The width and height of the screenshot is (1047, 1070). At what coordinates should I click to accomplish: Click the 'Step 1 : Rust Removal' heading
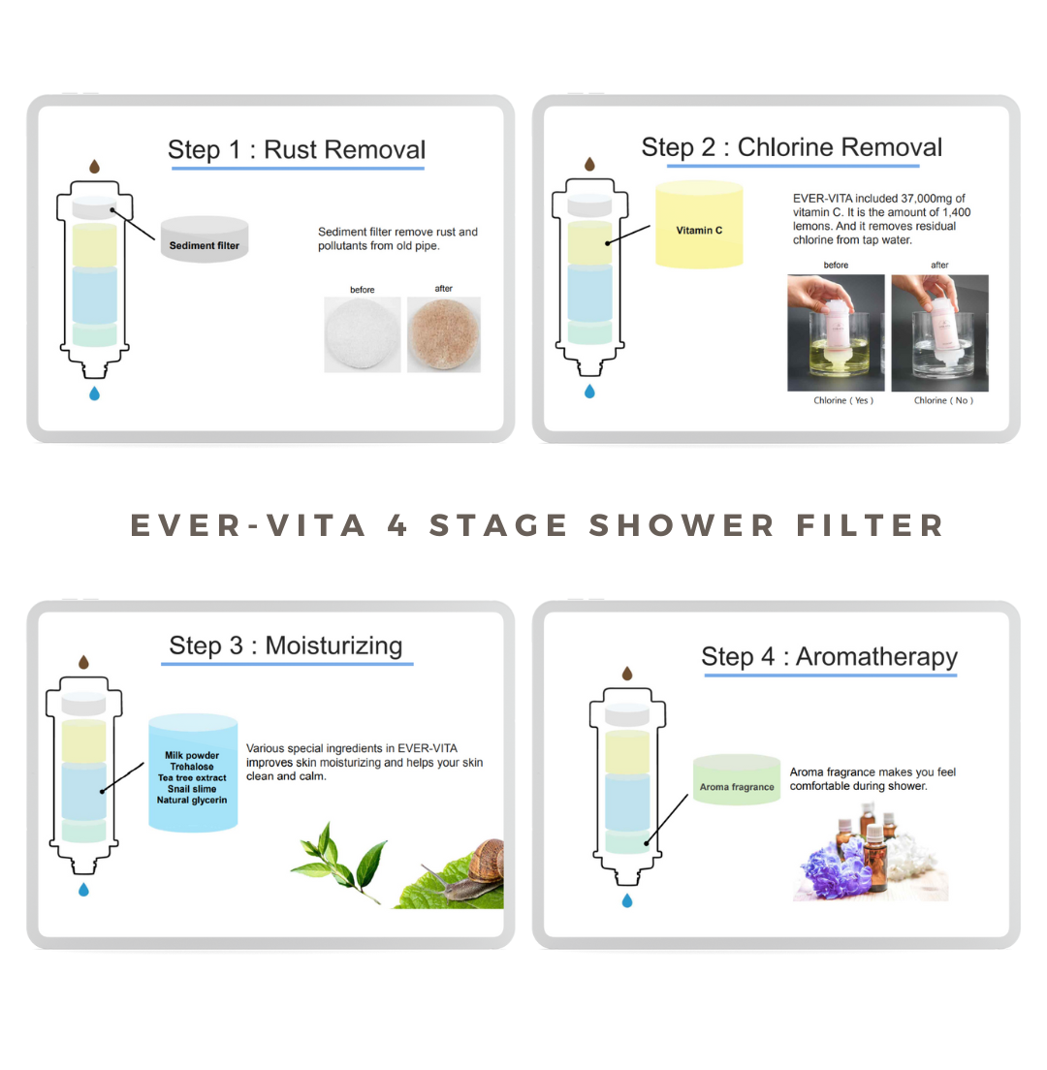297,149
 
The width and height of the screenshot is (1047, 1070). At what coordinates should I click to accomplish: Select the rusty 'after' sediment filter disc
444,333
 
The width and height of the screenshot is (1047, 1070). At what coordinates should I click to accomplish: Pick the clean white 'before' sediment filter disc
363,334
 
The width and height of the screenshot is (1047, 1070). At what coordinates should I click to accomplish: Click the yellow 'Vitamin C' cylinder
699,230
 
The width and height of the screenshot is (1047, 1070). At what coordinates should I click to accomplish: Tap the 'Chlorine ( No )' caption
943,400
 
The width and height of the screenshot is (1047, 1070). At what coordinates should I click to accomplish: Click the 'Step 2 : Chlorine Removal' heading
792,147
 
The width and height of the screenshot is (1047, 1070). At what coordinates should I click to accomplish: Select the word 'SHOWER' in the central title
682,525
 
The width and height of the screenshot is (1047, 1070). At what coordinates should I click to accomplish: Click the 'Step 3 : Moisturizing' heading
286,645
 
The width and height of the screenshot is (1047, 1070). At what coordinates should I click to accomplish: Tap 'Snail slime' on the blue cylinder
192,789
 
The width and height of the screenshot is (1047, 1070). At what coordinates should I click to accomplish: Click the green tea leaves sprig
339,863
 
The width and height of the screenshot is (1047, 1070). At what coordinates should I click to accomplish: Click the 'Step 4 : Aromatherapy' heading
829,656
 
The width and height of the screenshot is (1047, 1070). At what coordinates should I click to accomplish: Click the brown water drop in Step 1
95,167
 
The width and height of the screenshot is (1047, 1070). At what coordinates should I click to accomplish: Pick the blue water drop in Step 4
627,901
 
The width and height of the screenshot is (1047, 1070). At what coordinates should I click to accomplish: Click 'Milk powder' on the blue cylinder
192,755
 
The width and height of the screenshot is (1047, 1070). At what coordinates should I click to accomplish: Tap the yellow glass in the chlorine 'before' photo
835,359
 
